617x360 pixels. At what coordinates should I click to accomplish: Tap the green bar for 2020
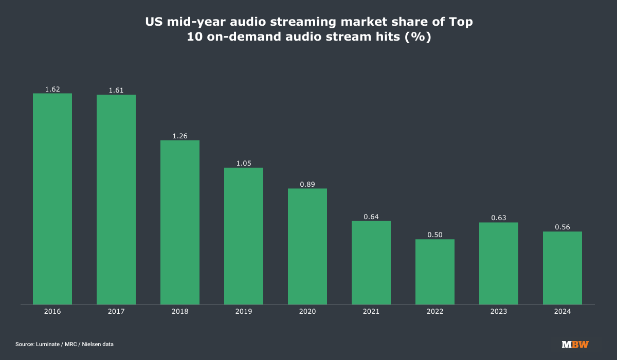307,246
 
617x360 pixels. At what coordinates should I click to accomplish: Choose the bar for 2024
562,268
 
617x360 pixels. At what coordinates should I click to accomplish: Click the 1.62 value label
52,89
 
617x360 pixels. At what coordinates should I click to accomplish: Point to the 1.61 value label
116,91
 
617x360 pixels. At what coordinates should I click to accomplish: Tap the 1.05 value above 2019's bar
244,164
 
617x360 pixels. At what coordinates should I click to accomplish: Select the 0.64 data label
371,217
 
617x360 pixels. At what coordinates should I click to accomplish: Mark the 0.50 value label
435,235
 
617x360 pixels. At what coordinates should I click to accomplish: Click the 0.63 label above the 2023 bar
499,218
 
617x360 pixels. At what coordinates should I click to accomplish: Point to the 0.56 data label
562,227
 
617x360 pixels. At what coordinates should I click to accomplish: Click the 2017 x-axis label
116,312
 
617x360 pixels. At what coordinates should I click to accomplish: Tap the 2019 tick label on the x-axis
244,312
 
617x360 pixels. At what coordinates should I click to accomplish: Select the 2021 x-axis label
371,312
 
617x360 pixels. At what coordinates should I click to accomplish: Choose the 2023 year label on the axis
499,312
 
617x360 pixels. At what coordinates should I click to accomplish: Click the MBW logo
575,344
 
